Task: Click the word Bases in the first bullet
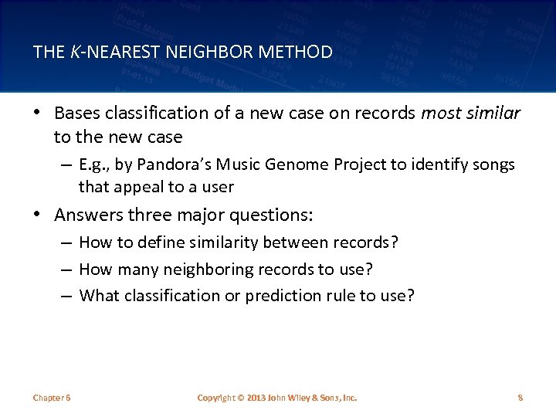click(77, 114)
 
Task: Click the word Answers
click(87, 215)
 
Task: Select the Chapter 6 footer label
click(52, 398)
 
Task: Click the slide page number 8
click(520, 398)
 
